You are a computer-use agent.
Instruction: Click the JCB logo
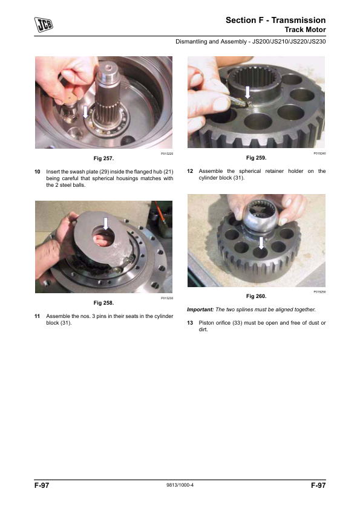click(x=44, y=25)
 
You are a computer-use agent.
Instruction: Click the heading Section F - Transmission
click(x=275, y=20)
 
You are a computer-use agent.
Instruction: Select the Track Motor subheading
click(x=305, y=30)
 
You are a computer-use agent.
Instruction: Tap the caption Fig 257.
click(x=103, y=158)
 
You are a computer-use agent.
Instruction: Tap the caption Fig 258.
click(x=103, y=303)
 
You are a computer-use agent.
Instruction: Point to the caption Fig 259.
click(x=256, y=158)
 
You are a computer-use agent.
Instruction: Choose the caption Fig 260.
click(x=256, y=296)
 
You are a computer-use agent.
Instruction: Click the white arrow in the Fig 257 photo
click(x=85, y=112)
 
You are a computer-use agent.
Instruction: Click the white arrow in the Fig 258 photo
click(x=106, y=224)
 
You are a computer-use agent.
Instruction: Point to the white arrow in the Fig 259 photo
click(x=247, y=92)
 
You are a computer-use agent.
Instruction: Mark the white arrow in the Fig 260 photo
click(x=261, y=243)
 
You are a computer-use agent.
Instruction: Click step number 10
click(x=38, y=172)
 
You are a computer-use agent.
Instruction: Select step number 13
click(x=190, y=323)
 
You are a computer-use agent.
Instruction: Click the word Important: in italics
click(x=200, y=310)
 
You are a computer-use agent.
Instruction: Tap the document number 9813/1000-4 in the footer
click(x=180, y=485)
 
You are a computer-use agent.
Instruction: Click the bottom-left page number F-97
click(x=42, y=485)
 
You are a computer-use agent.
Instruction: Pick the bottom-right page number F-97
click(x=318, y=485)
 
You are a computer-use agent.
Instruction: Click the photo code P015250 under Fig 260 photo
click(x=319, y=292)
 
